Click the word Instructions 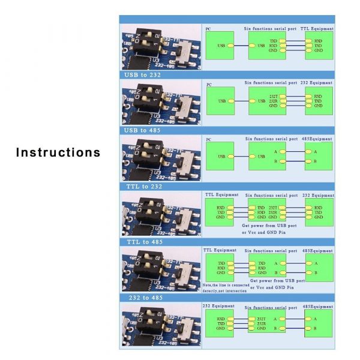[58, 152]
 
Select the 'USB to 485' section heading [143, 130]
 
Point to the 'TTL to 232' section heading [143, 187]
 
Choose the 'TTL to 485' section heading [144, 242]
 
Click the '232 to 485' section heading [145, 298]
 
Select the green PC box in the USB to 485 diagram [220, 157]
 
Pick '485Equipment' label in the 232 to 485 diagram [317, 306]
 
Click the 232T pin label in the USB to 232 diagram [274, 96]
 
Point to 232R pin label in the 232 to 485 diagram [262, 324]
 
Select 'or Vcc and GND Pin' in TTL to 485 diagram [273, 287]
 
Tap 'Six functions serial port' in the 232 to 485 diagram [271, 307]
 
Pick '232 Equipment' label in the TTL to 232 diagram [318, 195]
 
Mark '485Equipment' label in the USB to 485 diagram [317, 139]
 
